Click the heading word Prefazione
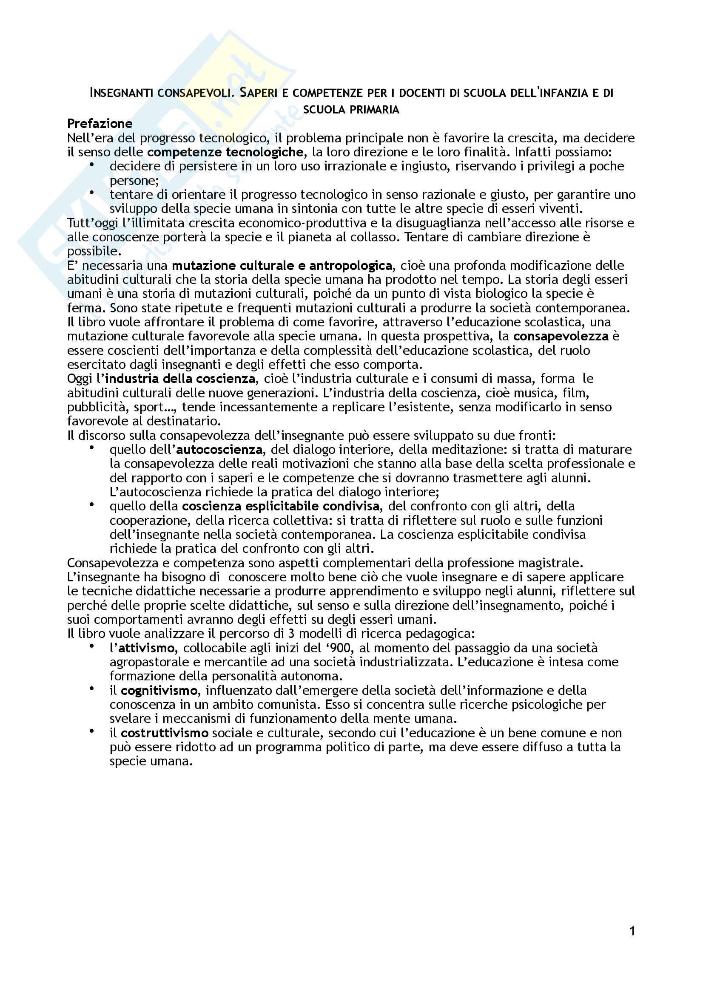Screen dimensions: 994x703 [100, 124]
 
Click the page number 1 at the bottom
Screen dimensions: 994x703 [632, 931]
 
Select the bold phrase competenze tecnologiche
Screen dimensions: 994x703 [225, 152]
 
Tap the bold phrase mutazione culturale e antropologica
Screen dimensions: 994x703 [282, 265]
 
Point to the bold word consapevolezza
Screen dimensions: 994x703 [561, 336]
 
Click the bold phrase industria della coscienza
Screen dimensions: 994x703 [180, 378]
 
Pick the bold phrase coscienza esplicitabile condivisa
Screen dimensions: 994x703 [281, 506]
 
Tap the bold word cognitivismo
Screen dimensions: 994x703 [159, 690]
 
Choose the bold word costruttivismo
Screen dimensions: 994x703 [165, 733]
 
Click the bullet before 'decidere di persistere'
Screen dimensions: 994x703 [91, 164]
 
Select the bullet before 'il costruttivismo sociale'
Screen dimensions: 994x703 [91, 732]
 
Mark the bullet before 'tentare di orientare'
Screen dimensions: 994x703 [91, 193]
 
